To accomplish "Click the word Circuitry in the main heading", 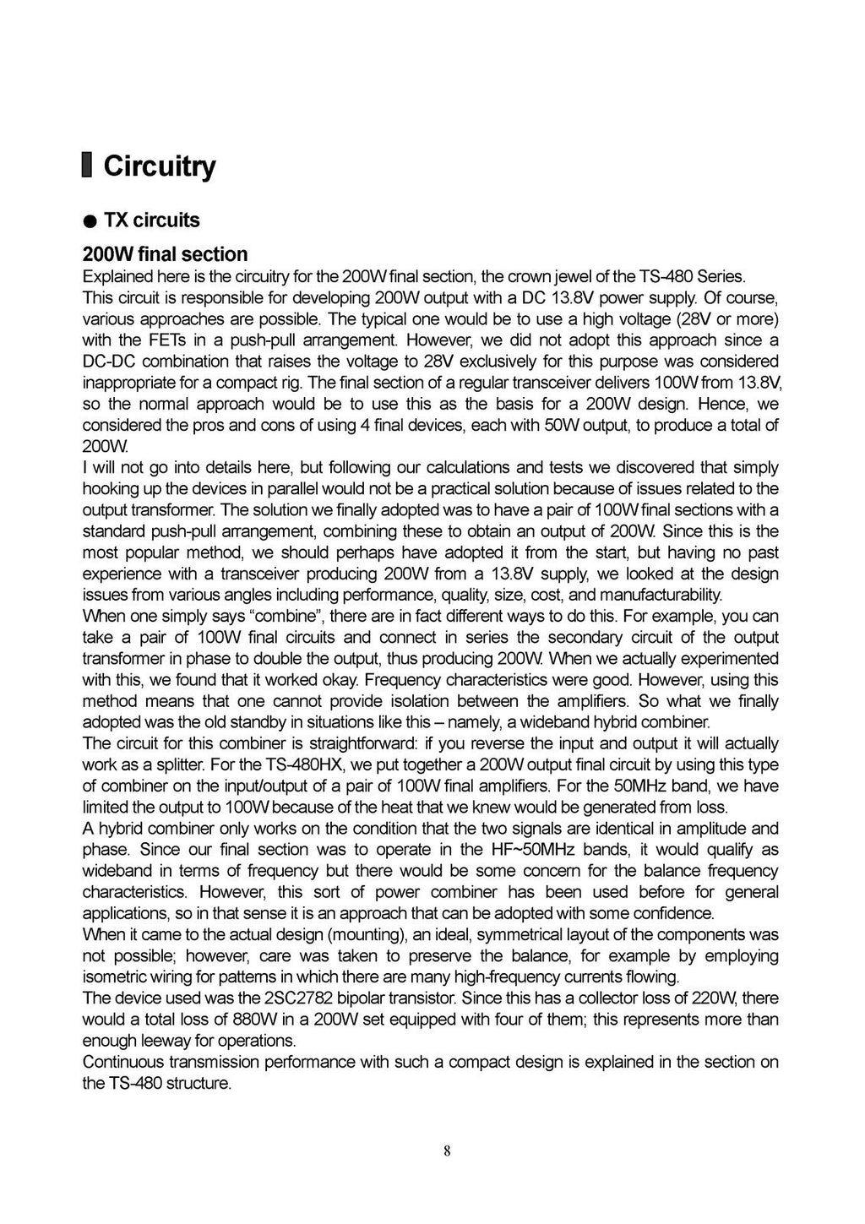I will click(160, 166).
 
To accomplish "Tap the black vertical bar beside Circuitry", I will click(87, 166).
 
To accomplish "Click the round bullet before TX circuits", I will click(89, 221).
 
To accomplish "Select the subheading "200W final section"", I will click(165, 254).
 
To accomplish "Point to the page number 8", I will click(446, 1150).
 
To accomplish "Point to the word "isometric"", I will click(112, 977).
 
